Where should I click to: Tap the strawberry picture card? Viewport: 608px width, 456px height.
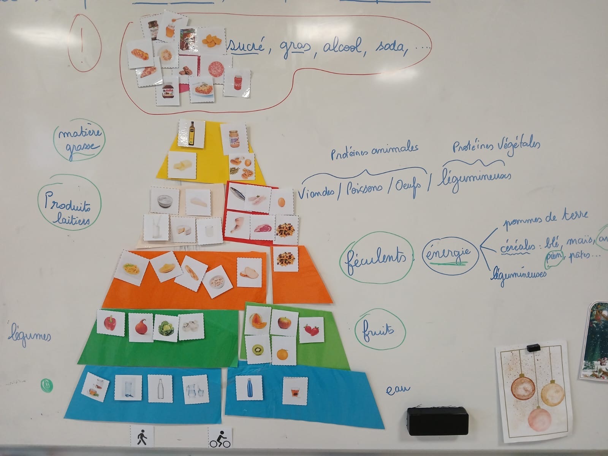coord(311,329)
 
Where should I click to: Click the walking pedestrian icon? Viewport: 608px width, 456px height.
coord(142,437)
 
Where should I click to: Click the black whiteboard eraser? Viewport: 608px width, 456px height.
coord(437,421)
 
